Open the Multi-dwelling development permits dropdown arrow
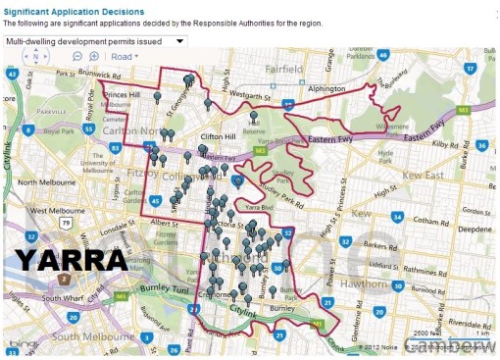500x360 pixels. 180,41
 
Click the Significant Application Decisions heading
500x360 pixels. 75,12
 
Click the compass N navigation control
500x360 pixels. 36,57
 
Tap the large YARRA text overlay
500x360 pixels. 71,260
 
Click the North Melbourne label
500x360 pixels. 40,182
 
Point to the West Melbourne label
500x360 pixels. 57,210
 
